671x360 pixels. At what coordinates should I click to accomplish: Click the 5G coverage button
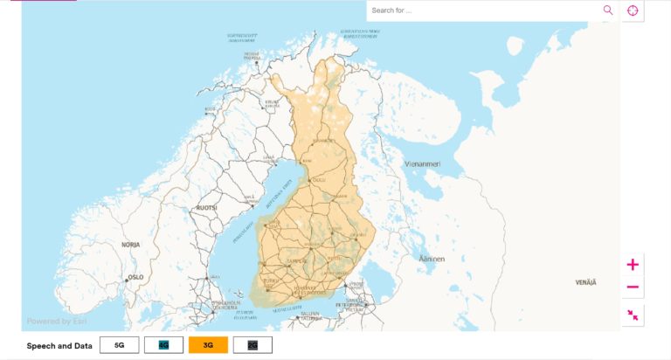pyautogui.click(x=119, y=345)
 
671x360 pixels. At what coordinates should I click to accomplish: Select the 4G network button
pyautogui.click(x=163, y=345)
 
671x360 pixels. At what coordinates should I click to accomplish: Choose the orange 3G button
pyautogui.click(x=208, y=345)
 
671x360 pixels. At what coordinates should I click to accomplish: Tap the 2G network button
pyautogui.click(x=252, y=345)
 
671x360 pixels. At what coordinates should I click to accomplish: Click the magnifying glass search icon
pyautogui.click(x=608, y=10)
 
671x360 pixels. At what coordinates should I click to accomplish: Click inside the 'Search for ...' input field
pyautogui.click(x=481, y=10)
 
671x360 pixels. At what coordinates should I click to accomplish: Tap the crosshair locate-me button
pyautogui.click(x=633, y=10)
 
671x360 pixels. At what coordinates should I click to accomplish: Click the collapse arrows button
pyautogui.click(x=633, y=315)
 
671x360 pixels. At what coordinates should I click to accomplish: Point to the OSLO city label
pyautogui.click(x=135, y=277)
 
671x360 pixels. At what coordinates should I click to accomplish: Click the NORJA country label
pyautogui.click(x=131, y=245)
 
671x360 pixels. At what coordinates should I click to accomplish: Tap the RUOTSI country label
pyautogui.click(x=206, y=208)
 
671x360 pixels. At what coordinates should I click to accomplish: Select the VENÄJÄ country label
pyautogui.click(x=586, y=283)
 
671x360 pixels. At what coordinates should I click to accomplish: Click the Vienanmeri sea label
pyautogui.click(x=423, y=163)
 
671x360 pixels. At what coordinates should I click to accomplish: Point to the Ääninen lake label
pyautogui.click(x=432, y=259)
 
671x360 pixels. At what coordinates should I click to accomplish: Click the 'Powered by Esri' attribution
pyautogui.click(x=56, y=321)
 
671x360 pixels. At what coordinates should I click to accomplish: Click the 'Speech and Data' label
pyautogui.click(x=59, y=346)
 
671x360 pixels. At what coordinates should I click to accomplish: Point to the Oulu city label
pyautogui.click(x=318, y=180)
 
